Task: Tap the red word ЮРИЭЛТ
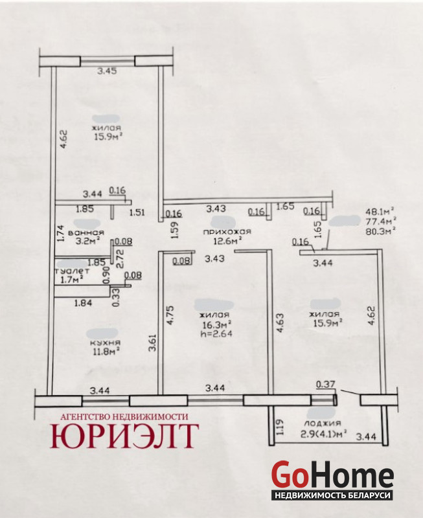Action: tap(124, 435)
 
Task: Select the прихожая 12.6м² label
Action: tap(227, 236)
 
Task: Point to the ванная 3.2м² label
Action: tap(86, 237)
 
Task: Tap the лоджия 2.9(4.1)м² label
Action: tap(323, 428)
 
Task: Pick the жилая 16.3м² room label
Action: tap(216, 319)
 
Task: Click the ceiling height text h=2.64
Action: tap(216, 333)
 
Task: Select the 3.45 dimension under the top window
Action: tap(107, 71)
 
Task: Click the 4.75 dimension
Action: tap(170, 315)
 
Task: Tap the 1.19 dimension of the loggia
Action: tap(279, 427)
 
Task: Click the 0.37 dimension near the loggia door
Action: tap(326, 385)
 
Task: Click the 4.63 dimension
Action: tap(280, 322)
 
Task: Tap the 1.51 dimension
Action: tap(137, 212)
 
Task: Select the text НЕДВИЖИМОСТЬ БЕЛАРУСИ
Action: tap(332, 495)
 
